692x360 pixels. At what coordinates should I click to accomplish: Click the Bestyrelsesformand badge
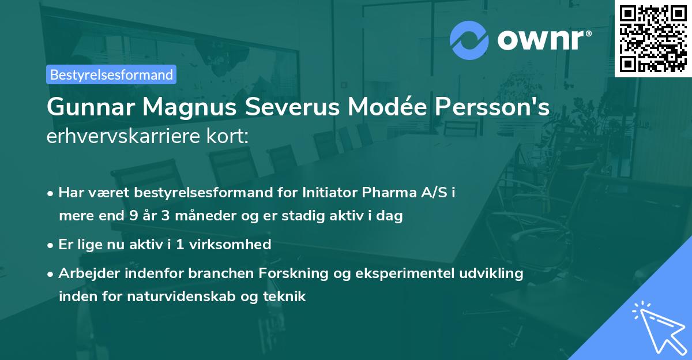111,74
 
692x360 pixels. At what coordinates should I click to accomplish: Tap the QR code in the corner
653,38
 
